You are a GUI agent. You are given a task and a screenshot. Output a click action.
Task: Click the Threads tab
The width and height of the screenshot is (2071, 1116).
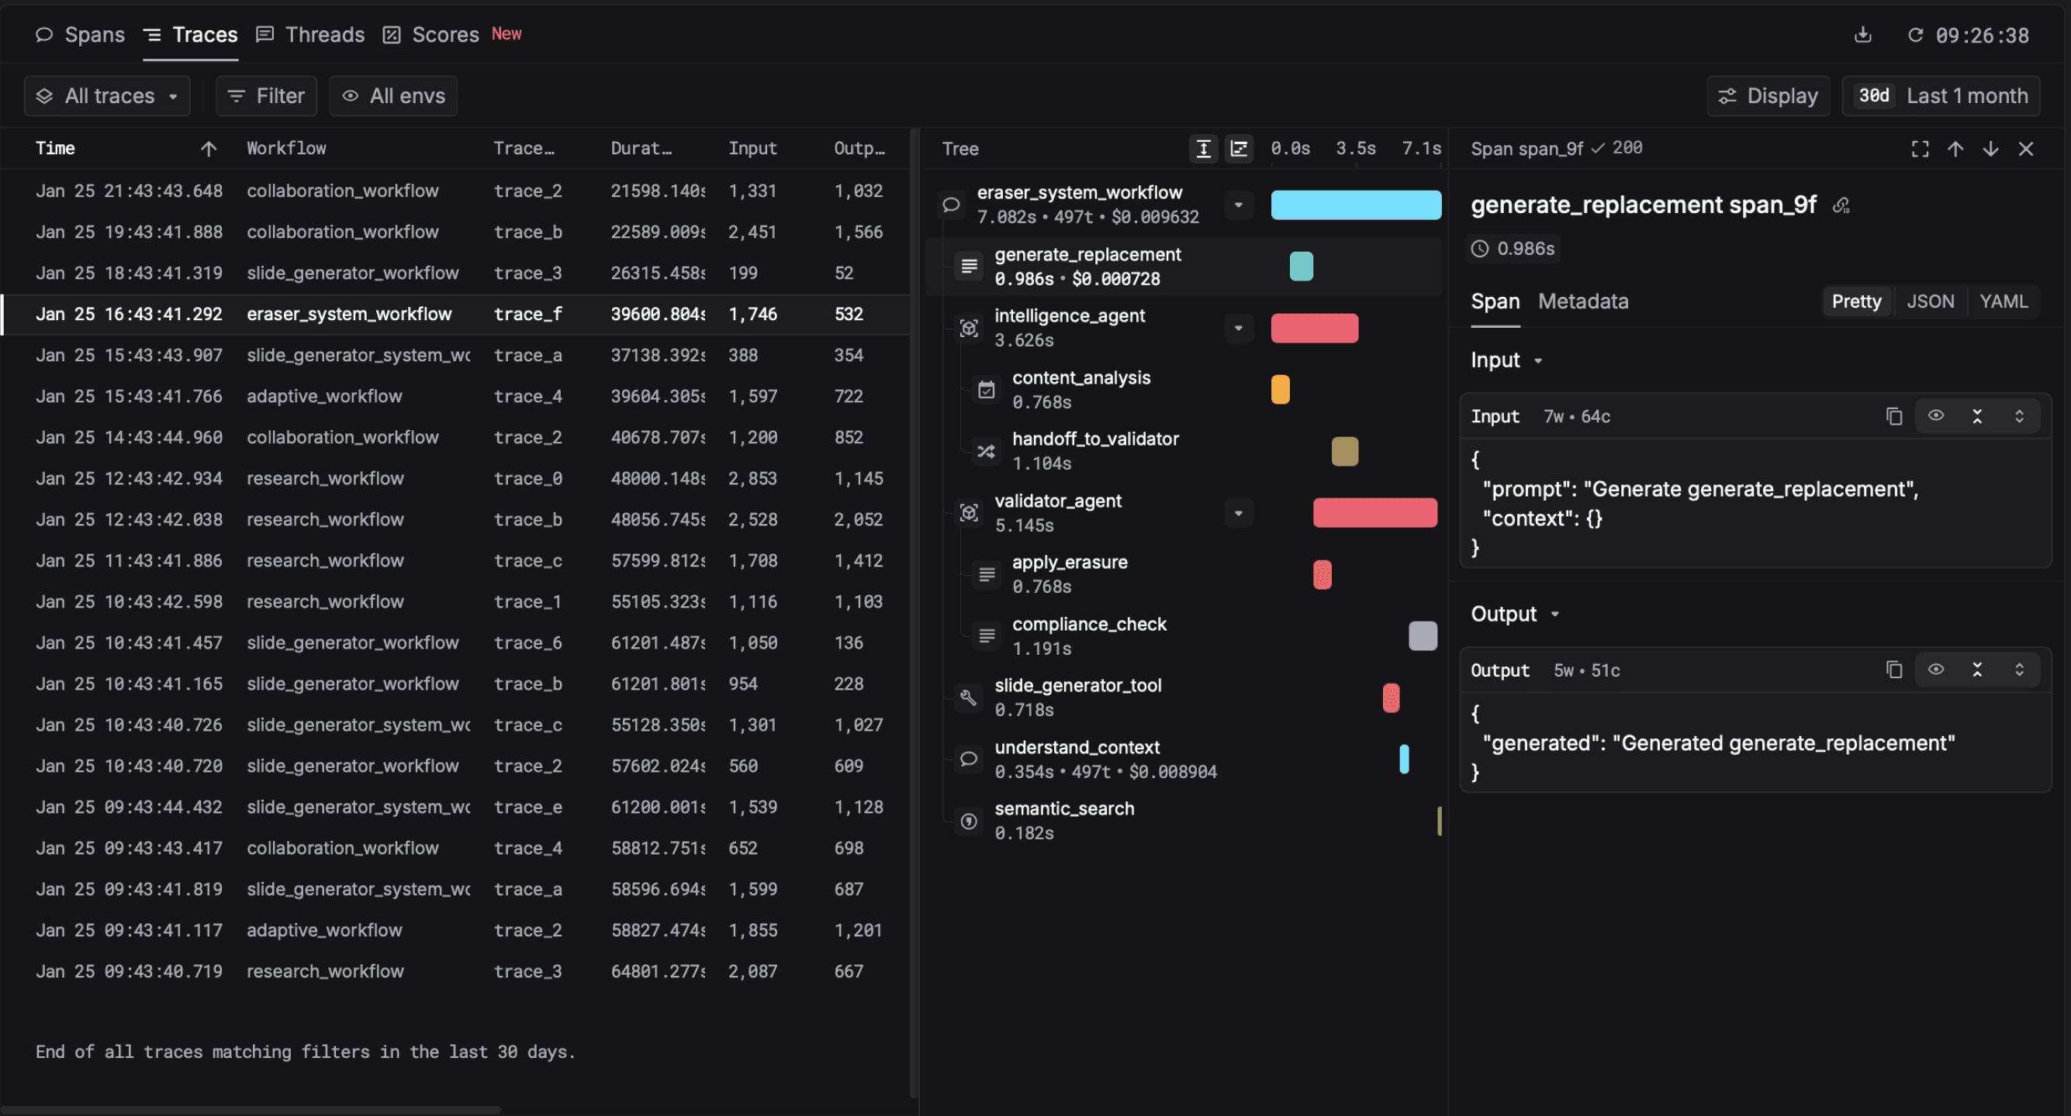click(310, 35)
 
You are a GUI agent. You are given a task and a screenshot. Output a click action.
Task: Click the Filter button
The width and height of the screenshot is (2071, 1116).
click(266, 96)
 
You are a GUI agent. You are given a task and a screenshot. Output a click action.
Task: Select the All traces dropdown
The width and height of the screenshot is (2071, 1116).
click(107, 96)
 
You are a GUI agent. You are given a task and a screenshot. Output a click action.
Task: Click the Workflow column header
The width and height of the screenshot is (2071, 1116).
click(286, 149)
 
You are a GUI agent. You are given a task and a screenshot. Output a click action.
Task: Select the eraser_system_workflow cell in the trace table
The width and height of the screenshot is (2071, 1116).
click(349, 314)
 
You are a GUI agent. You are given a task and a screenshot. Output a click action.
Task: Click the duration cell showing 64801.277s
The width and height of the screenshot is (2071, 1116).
click(656, 971)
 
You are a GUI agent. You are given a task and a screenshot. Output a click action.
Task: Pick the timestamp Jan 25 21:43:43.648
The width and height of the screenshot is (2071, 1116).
click(129, 191)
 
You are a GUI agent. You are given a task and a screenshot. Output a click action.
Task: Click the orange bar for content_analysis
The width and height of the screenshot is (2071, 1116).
click(1280, 390)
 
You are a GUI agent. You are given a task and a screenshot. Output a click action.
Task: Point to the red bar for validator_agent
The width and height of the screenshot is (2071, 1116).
click(1374, 512)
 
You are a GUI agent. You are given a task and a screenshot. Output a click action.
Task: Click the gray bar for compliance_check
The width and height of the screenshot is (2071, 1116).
click(1423, 636)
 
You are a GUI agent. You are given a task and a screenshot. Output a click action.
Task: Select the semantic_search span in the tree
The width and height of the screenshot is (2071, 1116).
click(1063, 809)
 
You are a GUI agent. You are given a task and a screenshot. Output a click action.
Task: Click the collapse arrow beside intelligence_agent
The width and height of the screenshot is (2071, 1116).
click(1238, 329)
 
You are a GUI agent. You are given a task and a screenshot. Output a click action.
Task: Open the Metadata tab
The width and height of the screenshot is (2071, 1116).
click(1582, 302)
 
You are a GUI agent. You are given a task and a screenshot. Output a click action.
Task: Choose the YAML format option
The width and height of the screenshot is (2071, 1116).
click(2003, 302)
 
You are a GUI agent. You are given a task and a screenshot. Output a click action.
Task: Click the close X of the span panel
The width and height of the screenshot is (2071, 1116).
click(2025, 150)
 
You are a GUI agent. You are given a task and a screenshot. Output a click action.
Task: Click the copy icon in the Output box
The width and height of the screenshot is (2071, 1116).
click(1893, 670)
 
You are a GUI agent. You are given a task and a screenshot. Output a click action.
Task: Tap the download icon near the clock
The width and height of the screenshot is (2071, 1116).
click(1863, 35)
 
